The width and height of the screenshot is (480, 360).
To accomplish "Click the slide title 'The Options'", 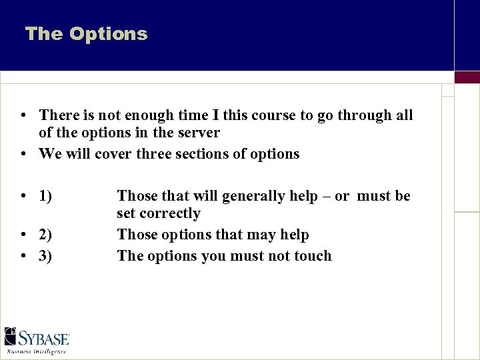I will coord(86,34).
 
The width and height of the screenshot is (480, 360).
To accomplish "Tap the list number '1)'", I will coord(45,196).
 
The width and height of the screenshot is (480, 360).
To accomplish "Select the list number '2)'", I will coord(45,235).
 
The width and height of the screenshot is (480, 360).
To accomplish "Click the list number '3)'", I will coord(45,256).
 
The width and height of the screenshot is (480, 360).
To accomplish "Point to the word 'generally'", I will coord(253,196).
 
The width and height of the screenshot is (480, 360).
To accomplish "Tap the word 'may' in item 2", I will coord(263,235).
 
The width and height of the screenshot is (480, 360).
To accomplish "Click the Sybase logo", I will coord(37,337).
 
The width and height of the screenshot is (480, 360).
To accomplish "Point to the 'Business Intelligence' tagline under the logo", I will coord(37,351).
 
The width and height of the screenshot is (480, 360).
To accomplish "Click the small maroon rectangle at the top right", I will coord(467,77).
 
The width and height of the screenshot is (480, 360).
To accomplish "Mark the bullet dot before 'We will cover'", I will coord(23,154).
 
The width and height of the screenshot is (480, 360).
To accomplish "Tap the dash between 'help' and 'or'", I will coord(325,196).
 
